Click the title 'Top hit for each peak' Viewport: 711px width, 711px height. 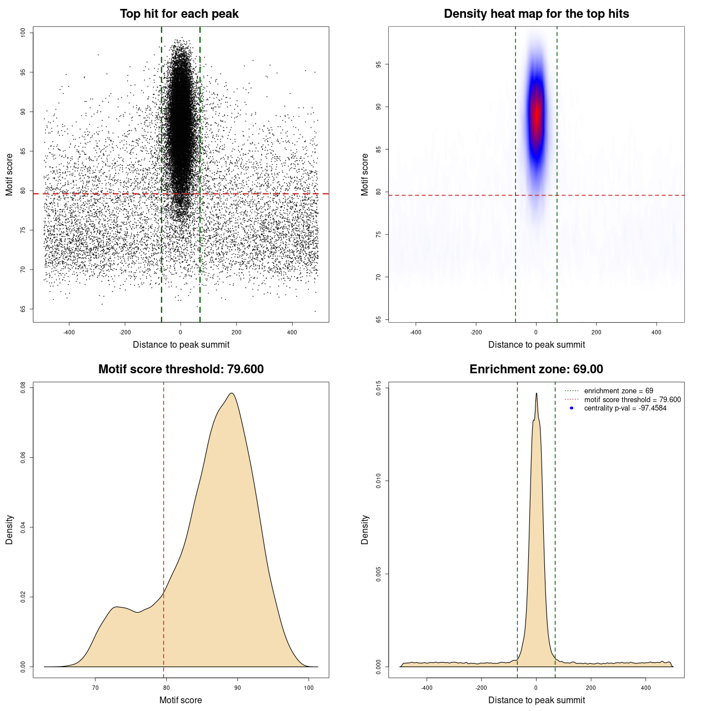(179, 14)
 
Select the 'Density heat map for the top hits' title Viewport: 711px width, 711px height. (536, 14)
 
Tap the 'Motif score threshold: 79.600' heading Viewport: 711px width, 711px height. (181, 369)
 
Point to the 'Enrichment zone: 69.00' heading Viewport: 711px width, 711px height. (536, 369)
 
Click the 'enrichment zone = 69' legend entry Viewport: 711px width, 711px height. (618, 391)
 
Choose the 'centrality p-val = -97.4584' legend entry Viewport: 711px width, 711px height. (625, 408)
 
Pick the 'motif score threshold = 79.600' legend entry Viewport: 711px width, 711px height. (632, 399)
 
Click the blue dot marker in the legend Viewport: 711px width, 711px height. (572, 408)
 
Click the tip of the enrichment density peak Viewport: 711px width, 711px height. (537, 393)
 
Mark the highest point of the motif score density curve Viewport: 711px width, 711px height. (232, 393)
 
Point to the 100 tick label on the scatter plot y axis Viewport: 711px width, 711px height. (23, 33)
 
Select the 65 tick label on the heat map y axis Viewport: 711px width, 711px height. (379, 319)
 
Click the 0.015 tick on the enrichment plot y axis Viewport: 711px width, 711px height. (379, 388)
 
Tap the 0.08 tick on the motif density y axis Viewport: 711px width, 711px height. (23, 387)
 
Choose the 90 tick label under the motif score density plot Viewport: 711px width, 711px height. (238, 688)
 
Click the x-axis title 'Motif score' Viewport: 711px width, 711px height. (181, 700)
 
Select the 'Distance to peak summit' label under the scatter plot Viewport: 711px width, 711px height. (181, 344)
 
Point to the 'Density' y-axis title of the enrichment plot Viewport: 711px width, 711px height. (365, 529)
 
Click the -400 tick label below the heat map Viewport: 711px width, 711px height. (415, 332)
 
